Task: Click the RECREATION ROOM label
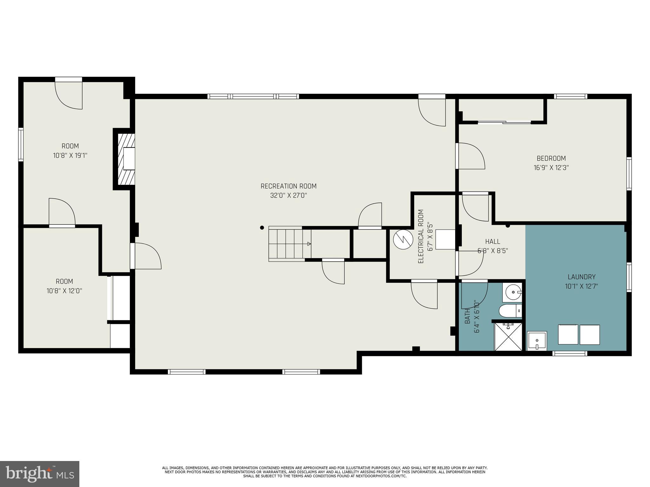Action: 289,186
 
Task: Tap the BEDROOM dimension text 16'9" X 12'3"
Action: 551,168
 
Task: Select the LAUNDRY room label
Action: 581,277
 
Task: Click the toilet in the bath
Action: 510,311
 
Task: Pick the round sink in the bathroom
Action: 512,292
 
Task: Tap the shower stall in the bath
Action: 508,337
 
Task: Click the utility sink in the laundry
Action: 537,341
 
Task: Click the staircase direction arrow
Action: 308,244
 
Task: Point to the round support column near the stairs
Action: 262,228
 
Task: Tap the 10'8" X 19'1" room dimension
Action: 70,156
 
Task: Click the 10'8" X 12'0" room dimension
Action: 64,291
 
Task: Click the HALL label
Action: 493,242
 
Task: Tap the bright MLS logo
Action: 40,474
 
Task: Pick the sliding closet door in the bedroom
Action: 505,122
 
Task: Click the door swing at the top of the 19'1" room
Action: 69,95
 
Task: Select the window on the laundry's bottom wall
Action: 569,354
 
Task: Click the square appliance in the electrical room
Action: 445,239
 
